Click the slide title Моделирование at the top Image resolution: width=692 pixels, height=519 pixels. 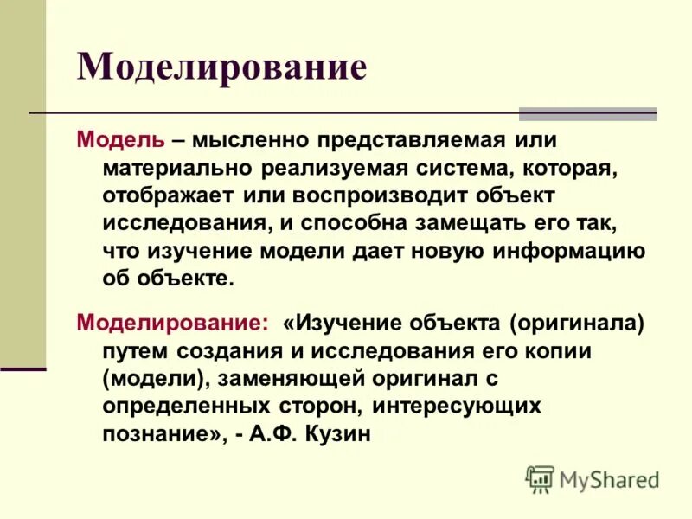[x=222, y=67]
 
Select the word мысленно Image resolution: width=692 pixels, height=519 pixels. [x=250, y=139]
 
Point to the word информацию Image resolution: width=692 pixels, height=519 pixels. [x=570, y=250]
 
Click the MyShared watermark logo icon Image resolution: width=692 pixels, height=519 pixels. [x=539, y=477]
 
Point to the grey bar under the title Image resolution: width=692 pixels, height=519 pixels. [x=587, y=113]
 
